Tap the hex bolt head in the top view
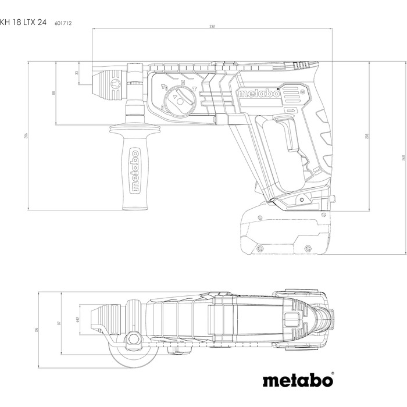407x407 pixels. click(x=133, y=337)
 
